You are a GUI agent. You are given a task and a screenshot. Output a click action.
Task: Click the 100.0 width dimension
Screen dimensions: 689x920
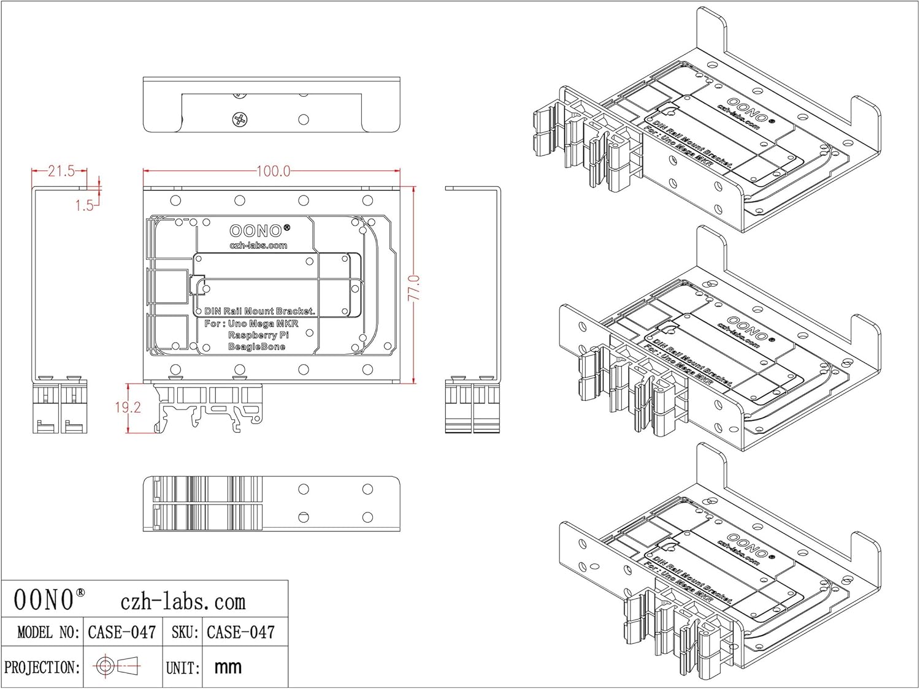(x=273, y=171)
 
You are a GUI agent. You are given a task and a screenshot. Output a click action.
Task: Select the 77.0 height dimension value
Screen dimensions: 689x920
(x=415, y=287)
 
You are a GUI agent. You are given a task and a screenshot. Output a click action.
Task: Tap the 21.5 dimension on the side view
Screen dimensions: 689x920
(x=61, y=171)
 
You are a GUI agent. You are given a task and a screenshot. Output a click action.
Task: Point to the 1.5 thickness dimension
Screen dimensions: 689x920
(x=84, y=205)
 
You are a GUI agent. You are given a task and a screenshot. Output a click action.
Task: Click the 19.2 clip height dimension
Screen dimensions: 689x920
(x=128, y=407)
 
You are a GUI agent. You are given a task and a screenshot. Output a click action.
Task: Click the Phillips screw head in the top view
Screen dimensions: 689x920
(x=240, y=120)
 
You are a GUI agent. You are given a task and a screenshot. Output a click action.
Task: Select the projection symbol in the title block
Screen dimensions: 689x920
(x=117, y=666)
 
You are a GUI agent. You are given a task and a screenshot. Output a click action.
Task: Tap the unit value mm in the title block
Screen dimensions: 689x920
(x=228, y=667)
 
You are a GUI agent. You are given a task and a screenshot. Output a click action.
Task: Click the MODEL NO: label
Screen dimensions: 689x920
(x=48, y=632)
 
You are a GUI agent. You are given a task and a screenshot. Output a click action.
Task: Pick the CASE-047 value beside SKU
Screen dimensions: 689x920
(x=240, y=632)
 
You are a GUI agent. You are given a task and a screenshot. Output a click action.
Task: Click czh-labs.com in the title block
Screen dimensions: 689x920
(x=183, y=601)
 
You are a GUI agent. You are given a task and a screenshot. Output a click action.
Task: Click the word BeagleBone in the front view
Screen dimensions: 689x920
(x=256, y=347)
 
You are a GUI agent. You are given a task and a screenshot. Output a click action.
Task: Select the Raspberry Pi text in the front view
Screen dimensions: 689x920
(x=258, y=335)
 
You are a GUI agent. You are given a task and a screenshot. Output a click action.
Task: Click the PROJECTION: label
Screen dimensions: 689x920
(x=42, y=667)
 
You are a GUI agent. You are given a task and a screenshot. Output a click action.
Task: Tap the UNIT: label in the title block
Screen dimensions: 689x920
(x=183, y=668)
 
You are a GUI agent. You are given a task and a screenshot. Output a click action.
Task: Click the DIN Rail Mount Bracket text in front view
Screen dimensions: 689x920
(x=259, y=311)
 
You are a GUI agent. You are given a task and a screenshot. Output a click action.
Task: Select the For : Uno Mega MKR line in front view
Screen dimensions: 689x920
(x=251, y=324)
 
